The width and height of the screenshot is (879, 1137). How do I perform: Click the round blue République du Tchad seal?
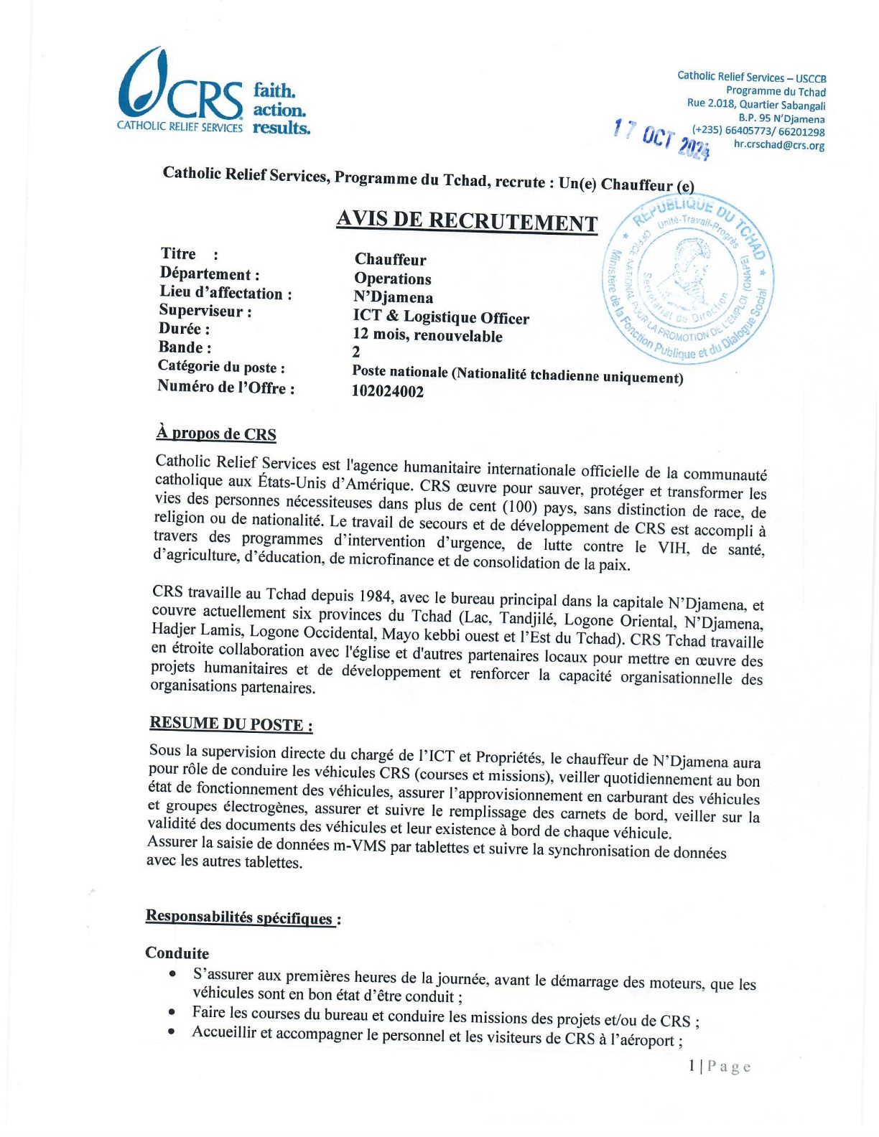[687, 279]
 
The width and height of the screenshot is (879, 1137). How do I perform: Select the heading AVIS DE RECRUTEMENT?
[467, 221]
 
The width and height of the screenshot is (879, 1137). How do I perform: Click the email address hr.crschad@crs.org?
[778, 145]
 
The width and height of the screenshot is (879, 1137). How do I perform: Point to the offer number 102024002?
[388, 391]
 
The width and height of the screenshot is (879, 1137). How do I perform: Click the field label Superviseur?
[205, 311]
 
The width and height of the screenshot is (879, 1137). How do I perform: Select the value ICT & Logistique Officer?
[441, 317]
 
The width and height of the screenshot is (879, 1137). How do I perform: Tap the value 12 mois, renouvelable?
[427, 335]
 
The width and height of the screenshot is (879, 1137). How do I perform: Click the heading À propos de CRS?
[216, 434]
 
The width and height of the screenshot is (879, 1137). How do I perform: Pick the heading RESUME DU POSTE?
[231, 724]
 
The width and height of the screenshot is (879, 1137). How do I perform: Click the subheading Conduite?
[177, 953]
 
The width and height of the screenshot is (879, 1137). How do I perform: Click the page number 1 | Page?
[719, 1067]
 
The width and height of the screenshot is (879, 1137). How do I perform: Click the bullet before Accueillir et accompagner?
[172, 1031]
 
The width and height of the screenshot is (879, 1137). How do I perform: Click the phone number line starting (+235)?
[758, 131]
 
